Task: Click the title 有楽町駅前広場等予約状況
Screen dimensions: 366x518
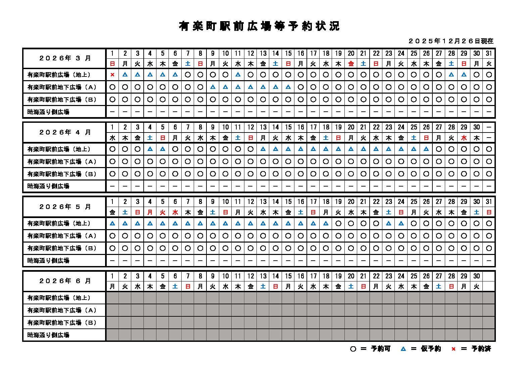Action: pyautogui.click(x=259, y=26)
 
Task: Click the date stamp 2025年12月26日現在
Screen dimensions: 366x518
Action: pyautogui.click(x=451, y=41)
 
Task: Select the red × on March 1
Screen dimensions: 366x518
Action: pyautogui.click(x=112, y=75)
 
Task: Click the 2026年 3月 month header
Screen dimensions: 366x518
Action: pyautogui.click(x=65, y=58)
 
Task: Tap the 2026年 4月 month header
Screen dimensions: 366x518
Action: pyautogui.click(x=65, y=132)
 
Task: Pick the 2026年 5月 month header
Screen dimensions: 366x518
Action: pyautogui.click(x=65, y=207)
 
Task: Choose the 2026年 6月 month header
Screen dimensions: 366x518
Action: pyautogui.click(x=65, y=281)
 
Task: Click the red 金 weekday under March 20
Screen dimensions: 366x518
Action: pyautogui.click(x=351, y=63)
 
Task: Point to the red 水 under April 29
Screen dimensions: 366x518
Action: pyautogui.click(x=464, y=138)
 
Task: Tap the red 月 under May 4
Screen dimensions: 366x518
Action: pyautogui.click(x=150, y=212)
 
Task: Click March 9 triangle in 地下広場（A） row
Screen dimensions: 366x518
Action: pyautogui.click(x=213, y=87)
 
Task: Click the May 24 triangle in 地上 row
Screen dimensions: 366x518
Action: pyautogui.click(x=401, y=223)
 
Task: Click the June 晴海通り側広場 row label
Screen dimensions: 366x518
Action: pyautogui.click(x=48, y=335)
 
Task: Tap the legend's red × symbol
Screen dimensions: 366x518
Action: pyautogui.click(x=453, y=349)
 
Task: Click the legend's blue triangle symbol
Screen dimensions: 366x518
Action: pyautogui.click(x=403, y=349)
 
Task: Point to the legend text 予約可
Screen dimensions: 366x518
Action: pyautogui.click(x=381, y=349)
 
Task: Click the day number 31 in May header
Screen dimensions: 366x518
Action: pyautogui.click(x=489, y=202)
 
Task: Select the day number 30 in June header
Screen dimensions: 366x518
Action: pyautogui.click(x=476, y=276)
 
